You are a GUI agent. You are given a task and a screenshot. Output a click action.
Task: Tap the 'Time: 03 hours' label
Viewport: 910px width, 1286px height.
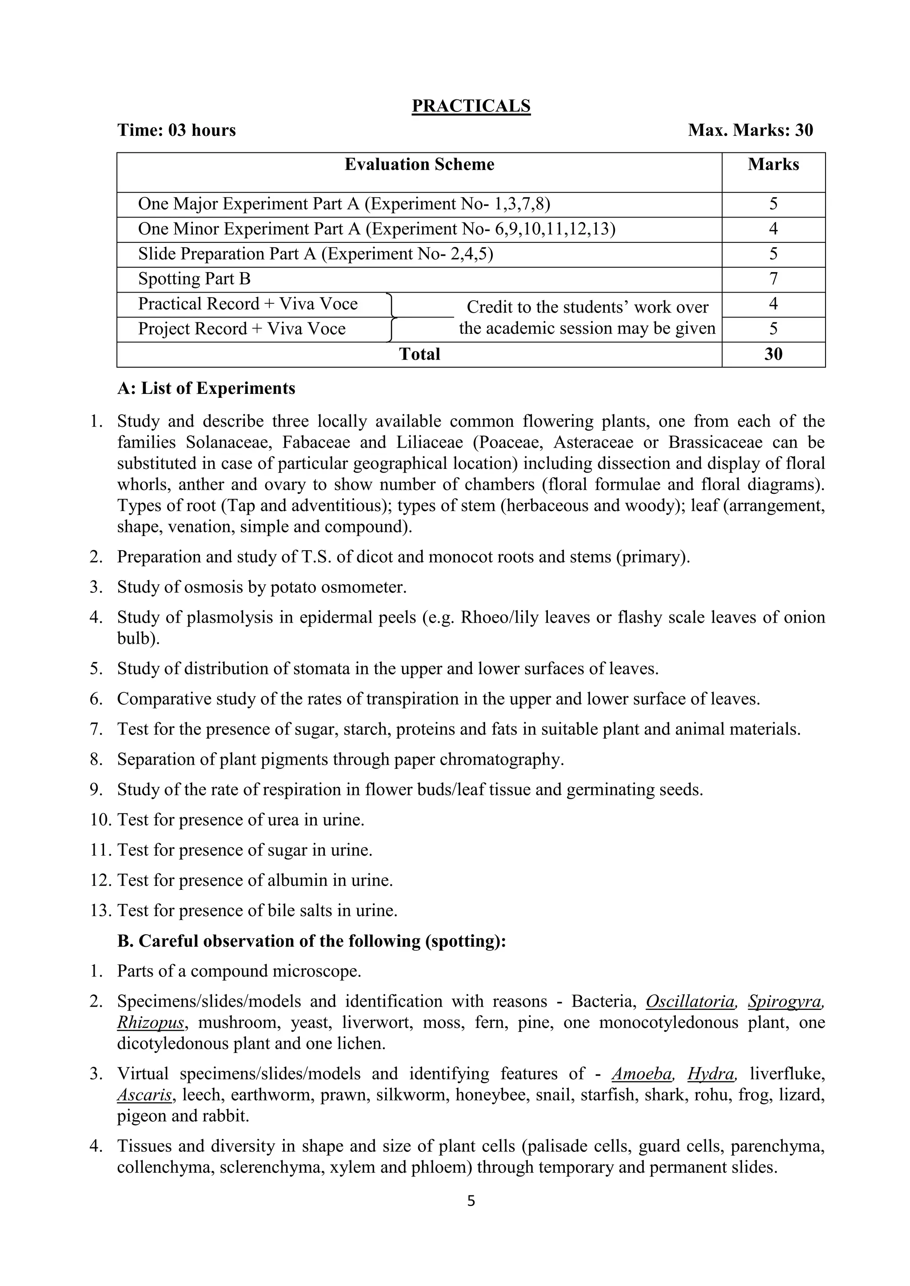coord(176,130)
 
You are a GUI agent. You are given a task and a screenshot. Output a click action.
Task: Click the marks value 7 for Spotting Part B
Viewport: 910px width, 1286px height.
coord(773,278)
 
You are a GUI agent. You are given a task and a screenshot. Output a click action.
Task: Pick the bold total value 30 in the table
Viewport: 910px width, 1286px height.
coord(773,354)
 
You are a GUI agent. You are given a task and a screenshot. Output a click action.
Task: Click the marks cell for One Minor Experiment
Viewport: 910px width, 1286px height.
coord(773,229)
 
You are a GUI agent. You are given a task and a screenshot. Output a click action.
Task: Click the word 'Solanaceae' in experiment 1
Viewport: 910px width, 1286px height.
coord(229,442)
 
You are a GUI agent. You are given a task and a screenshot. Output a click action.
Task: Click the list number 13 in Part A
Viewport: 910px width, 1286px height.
coord(101,911)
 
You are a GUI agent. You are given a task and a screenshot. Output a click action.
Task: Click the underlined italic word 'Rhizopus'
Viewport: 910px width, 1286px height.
coord(150,1023)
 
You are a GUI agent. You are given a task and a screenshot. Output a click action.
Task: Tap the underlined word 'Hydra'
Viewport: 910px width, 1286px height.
coord(710,1074)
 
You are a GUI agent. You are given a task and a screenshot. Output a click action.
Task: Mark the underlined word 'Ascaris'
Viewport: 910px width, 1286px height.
coord(144,1095)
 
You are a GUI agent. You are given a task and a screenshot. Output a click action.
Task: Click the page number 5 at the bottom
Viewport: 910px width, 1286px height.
coord(471,1201)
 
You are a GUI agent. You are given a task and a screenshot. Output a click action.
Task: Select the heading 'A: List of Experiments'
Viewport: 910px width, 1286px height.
coord(206,388)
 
